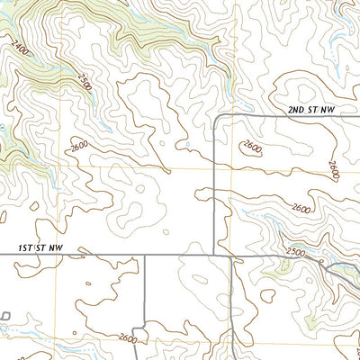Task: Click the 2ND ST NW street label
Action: pos(311,110)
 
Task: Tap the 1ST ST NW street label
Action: pos(40,247)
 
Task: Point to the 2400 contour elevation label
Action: pos(20,47)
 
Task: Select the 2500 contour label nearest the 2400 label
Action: pos(85,83)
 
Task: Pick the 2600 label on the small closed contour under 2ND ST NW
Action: pos(252,147)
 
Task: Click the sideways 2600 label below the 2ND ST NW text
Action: pos(333,169)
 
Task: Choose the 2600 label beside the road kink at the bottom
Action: pos(126,338)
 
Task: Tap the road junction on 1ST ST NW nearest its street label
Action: pos(144,255)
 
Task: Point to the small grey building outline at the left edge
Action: pos(4,316)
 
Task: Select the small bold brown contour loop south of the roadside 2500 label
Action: pos(267,293)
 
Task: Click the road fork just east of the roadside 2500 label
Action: pos(328,267)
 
